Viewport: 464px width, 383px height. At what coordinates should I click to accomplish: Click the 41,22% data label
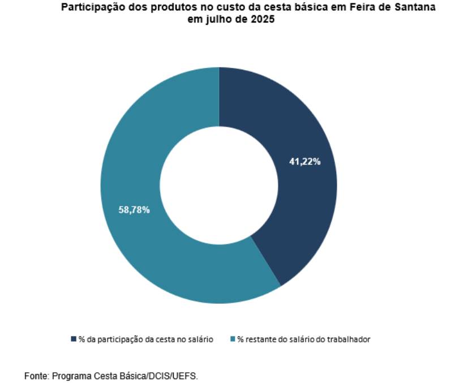(305, 162)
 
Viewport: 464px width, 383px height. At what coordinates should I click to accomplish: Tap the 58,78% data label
(134, 210)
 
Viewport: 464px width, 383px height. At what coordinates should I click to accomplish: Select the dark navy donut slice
(294, 215)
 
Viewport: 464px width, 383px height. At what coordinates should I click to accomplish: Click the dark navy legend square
(74, 339)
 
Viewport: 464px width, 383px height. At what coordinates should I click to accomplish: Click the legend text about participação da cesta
(146, 339)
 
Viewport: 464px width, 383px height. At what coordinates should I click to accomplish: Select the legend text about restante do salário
(304, 339)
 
